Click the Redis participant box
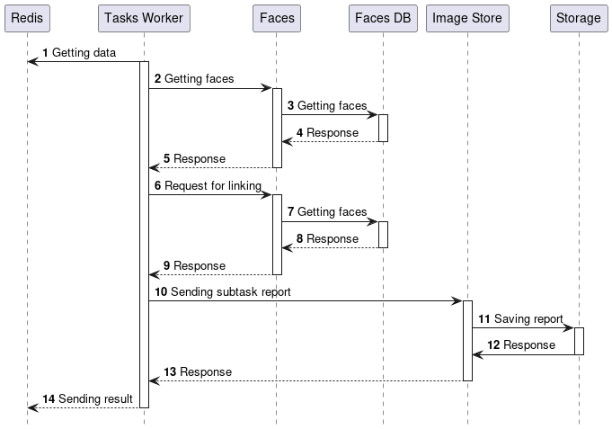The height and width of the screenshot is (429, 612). coord(27,18)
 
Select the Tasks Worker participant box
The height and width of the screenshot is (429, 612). coord(144,18)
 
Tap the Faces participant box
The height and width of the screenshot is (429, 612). coord(277,18)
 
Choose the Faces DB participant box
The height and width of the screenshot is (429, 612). coord(383,18)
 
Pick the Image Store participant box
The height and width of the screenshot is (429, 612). coord(467,18)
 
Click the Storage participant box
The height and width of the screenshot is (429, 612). coord(578,18)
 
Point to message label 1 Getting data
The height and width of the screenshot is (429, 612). coord(79,53)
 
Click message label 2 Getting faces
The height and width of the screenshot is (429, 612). coord(194,79)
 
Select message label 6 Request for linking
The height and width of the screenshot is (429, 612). coord(208,186)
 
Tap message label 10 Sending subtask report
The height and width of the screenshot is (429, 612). coord(222,292)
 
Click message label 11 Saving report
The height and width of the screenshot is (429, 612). coord(520,319)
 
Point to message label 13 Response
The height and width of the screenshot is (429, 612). coord(198,371)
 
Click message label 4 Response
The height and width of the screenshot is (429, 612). coord(324,133)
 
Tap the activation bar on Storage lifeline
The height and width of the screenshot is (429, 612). coord(579,341)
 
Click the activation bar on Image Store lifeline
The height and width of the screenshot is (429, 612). coord(467,340)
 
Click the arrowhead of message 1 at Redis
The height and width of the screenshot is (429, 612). coord(32,62)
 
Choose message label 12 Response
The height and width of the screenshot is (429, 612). coord(521,345)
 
